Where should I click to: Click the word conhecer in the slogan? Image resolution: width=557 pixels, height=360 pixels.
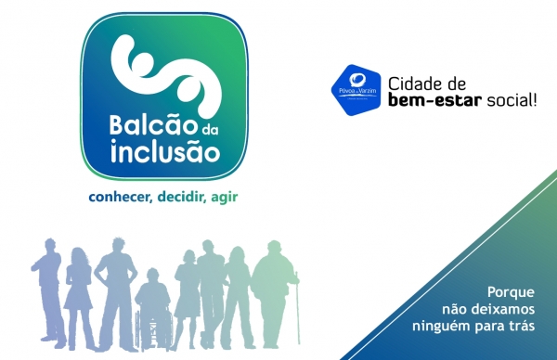pyautogui.click(x=119, y=197)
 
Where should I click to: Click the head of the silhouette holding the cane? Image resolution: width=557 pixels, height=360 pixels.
pyautogui.click(x=275, y=249)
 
